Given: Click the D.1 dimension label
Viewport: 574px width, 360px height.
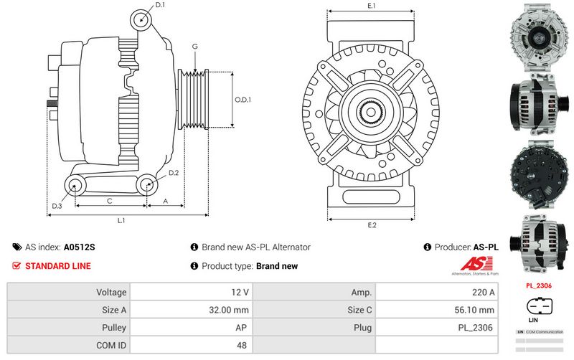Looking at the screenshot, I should [160, 5].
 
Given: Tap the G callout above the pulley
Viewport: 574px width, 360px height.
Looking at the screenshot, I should [194, 47].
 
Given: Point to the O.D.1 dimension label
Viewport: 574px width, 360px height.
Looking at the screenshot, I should [243, 100].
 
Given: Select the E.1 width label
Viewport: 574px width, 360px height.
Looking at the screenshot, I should [372, 6].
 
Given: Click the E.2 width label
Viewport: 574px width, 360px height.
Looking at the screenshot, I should [372, 226].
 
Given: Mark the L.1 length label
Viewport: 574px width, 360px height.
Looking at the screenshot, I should [122, 220].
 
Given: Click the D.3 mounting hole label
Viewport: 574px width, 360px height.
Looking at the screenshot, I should [57, 207].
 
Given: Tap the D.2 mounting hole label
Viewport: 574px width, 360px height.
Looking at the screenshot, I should [174, 174].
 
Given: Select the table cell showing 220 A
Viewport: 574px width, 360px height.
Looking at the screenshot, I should [436, 293].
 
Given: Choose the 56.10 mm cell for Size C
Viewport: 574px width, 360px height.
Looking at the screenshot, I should [436, 310].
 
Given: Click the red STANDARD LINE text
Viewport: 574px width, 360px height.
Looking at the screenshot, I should [58, 266].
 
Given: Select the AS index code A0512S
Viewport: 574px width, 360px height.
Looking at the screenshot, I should [79, 247].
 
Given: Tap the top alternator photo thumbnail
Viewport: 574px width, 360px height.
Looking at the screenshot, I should [540, 36].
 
